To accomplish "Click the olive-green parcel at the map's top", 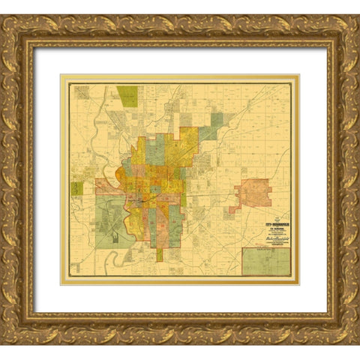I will pyautogui.click(x=127, y=96).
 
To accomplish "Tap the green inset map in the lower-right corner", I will pyautogui.click(x=265, y=262).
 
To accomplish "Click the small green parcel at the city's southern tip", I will pyautogui.click(x=159, y=255).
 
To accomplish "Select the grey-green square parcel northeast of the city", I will pyautogui.click(x=217, y=120).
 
